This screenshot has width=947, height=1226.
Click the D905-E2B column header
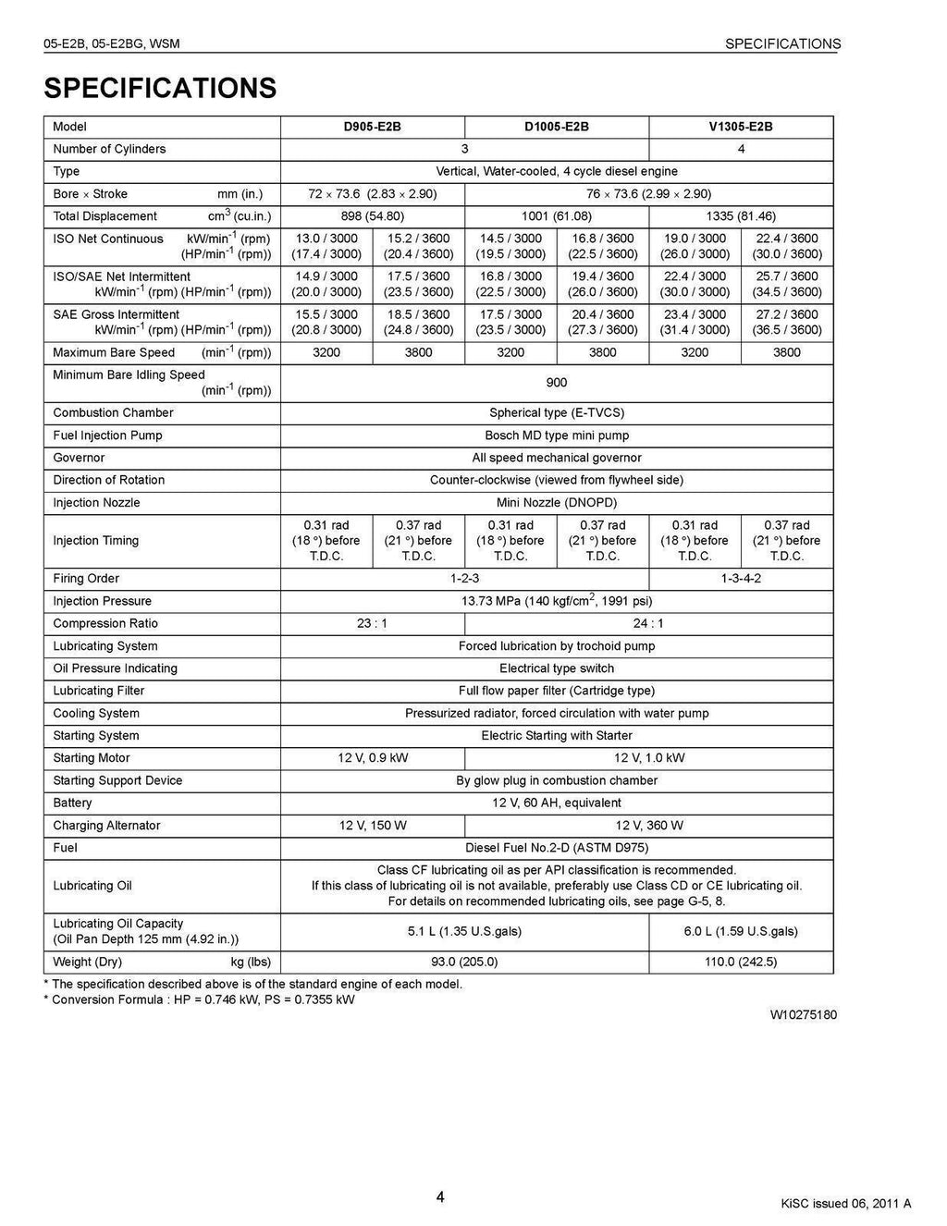click(x=372, y=127)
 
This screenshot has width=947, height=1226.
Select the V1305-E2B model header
click(x=741, y=127)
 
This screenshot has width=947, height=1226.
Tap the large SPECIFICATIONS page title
click(x=160, y=88)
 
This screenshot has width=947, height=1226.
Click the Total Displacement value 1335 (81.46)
click(x=741, y=216)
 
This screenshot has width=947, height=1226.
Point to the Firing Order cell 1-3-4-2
click(x=741, y=579)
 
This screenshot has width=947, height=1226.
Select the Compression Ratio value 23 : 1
click(x=372, y=623)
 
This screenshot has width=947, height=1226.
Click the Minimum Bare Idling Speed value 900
click(x=557, y=383)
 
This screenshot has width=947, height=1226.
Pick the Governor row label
click(x=79, y=458)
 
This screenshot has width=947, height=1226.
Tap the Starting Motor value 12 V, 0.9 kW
click(x=372, y=758)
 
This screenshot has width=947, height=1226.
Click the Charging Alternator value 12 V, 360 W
click(x=649, y=826)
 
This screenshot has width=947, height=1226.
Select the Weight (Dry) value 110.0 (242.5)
click(x=741, y=962)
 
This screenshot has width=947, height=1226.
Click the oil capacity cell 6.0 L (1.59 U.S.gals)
click(x=741, y=931)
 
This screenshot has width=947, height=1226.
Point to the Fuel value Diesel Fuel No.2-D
click(x=557, y=848)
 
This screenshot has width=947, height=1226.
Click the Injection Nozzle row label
click(x=96, y=503)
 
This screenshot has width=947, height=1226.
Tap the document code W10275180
click(x=803, y=1014)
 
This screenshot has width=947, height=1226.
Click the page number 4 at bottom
click(x=440, y=1197)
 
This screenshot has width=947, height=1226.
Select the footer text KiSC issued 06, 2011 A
click(x=845, y=1203)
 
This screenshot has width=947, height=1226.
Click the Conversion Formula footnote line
click(x=199, y=999)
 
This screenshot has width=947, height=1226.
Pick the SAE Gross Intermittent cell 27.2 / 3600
click(x=787, y=314)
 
